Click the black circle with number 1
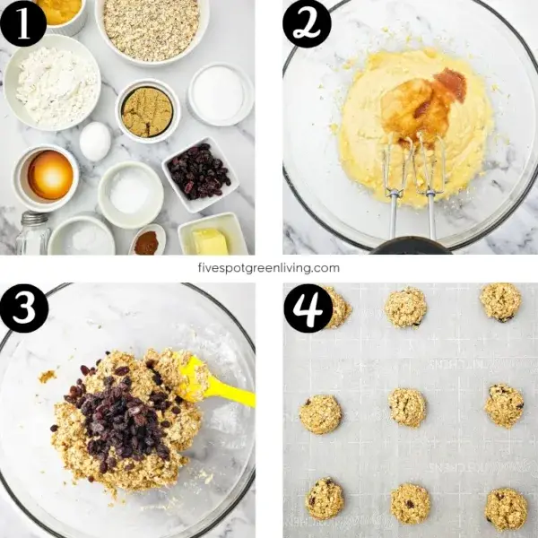click(23, 23)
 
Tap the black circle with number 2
click(307, 24)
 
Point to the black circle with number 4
click(308, 308)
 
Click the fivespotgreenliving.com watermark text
click(269, 267)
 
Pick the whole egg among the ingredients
click(95, 141)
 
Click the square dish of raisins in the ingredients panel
click(198, 172)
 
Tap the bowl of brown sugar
click(147, 112)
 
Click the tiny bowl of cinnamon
click(146, 241)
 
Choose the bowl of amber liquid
click(48, 176)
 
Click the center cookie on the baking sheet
click(407, 407)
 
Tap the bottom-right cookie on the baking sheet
click(506, 508)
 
